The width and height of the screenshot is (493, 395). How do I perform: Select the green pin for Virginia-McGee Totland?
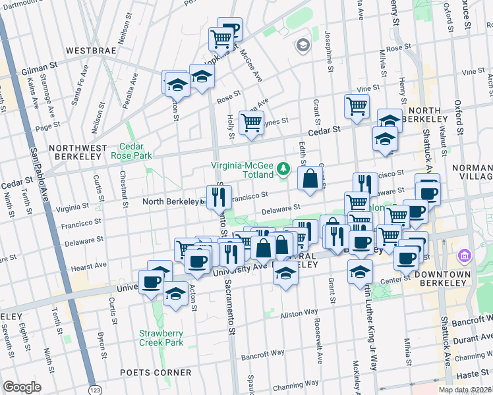[x=283, y=169]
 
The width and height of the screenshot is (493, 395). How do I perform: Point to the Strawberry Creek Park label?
[x=161, y=338]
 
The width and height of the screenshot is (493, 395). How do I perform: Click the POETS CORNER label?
[x=155, y=373]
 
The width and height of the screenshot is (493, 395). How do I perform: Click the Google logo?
[x=22, y=387]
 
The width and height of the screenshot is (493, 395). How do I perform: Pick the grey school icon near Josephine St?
[x=303, y=45]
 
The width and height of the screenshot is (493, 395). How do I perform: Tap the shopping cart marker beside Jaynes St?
[x=251, y=122]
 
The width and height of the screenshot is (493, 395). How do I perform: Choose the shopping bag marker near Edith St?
[x=310, y=178]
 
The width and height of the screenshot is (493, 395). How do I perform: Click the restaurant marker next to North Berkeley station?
[x=219, y=195]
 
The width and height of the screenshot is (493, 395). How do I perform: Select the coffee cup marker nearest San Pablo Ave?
[x=152, y=281]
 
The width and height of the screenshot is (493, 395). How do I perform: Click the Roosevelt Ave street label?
[x=318, y=342]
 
